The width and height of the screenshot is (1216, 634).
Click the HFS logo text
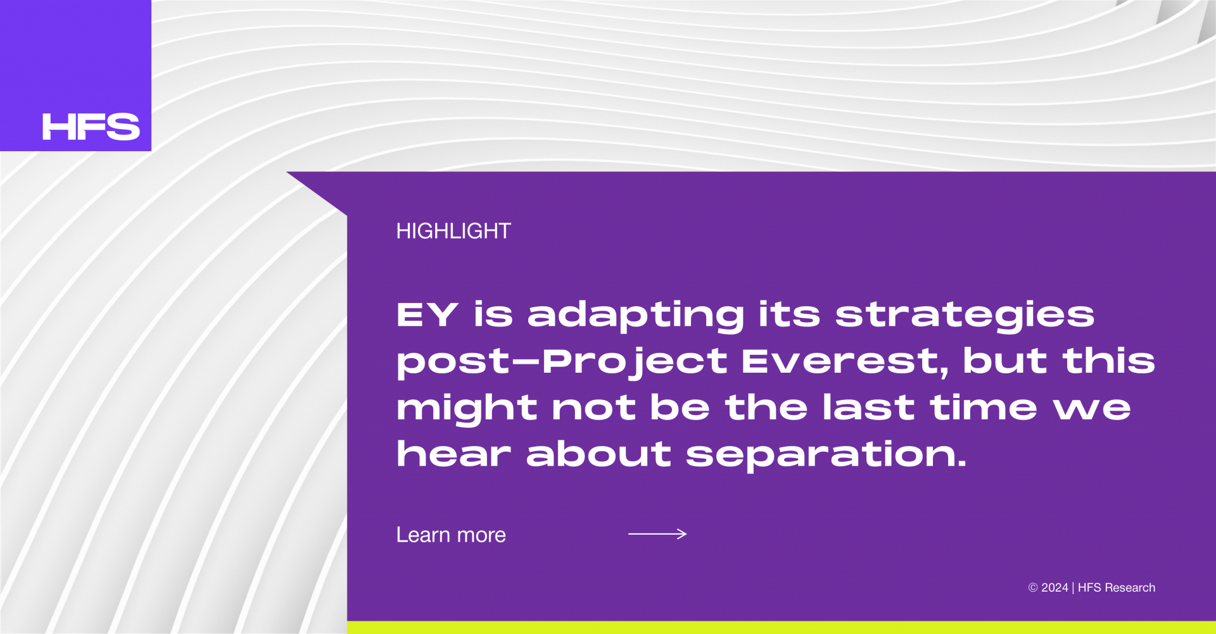click(91, 127)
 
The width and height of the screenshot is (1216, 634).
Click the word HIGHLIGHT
click(453, 231)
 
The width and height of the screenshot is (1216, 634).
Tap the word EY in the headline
click(427, 314)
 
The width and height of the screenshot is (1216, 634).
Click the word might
click(467, 408)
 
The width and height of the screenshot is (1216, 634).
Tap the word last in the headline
click(868, 407)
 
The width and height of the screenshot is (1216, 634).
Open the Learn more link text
click(451, 535)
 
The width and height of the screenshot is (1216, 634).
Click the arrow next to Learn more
click(657, 534)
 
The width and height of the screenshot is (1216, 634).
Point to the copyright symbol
click(1033, 588)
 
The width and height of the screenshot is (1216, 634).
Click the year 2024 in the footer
click(1054, 588)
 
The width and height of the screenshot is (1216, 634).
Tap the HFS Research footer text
click(1117, 588)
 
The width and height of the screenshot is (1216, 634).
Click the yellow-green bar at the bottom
click(782, 627)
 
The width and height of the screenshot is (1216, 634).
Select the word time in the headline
click(984, 407)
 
